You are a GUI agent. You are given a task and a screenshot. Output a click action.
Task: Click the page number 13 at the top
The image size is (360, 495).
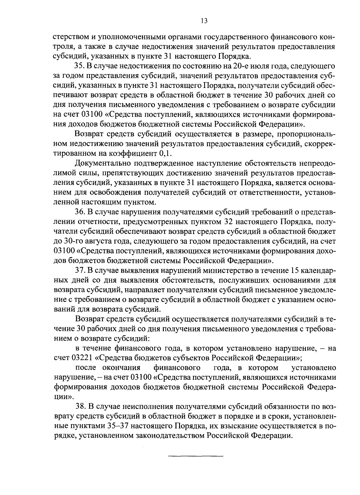(203, 21)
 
